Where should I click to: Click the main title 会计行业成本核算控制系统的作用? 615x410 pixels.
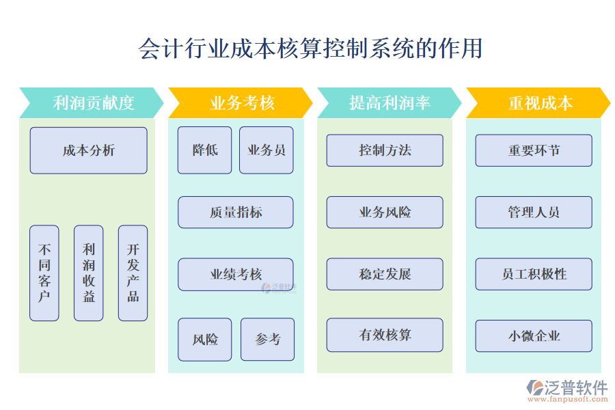tap(310, 49)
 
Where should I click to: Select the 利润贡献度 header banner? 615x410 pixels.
tap(92, 103)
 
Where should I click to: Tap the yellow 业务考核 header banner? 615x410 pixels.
tap(241, 103)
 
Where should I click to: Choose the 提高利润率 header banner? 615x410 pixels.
tap(389, 103)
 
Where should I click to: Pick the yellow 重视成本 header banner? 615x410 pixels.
tap(538, 103)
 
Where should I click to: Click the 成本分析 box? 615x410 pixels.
tap(88, 150)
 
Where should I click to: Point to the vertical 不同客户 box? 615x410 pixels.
tap(44, 273)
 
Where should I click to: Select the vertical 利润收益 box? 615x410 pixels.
tap(89, 273)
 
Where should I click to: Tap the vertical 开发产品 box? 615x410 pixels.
tap(133, 273)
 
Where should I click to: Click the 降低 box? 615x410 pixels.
tap(205, 150)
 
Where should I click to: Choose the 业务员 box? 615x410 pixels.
tap(266, 150)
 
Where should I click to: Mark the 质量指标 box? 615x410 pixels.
tap(236, 213)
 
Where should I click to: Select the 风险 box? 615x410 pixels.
tap(205, 340)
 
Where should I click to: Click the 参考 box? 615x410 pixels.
tap(267, 340)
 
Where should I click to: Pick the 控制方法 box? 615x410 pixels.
tap(385, 150)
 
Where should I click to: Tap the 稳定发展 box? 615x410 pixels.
tap(385, 274)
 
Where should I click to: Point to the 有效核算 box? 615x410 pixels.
tap(385, 336)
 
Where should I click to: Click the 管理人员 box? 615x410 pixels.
tap(534, 213)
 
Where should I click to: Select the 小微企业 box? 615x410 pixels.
tap(534, 336)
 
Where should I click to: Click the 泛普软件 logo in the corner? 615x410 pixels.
tap(566, 392)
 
